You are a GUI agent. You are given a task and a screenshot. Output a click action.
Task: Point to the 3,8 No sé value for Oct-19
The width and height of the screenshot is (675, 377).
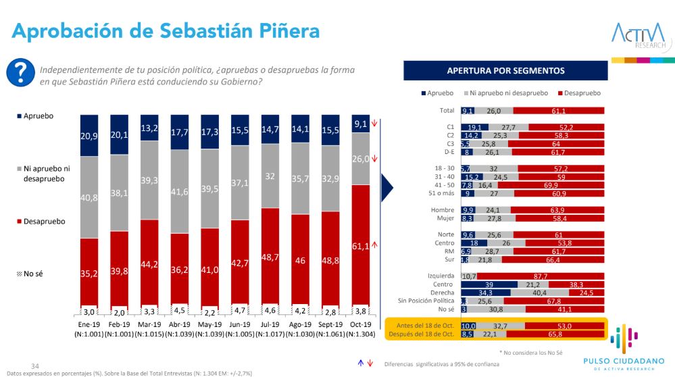[x=361, y=312]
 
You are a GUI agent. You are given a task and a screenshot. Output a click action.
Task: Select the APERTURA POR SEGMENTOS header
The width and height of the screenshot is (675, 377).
[x=505, y=70]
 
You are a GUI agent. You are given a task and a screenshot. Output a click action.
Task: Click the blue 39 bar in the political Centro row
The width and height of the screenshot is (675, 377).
[x=489, y=284]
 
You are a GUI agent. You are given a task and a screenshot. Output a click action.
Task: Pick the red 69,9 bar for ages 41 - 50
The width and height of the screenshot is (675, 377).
[x=551, y=185]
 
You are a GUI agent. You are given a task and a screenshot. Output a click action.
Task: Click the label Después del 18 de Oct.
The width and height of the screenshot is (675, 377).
[x=420, y=334]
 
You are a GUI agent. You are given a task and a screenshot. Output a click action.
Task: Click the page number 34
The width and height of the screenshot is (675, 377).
[x=28, y=365]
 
